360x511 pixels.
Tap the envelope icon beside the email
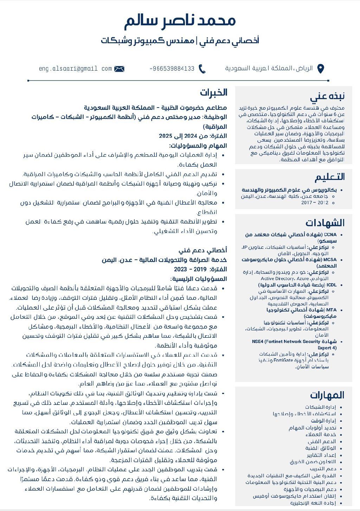[119, 69]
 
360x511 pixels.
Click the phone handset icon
[202, 69]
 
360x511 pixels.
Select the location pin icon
[320, 69]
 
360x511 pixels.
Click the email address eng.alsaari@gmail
[75, 69]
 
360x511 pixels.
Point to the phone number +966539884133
[172, 69]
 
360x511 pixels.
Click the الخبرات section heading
[214, 92]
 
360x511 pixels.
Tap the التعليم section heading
[330, 177]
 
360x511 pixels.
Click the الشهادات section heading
[325, 223]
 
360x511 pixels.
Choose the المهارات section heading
[327, 395]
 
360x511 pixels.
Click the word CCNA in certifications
[330, 234]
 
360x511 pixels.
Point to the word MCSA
[330, 260]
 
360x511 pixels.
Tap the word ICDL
[331, 285]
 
